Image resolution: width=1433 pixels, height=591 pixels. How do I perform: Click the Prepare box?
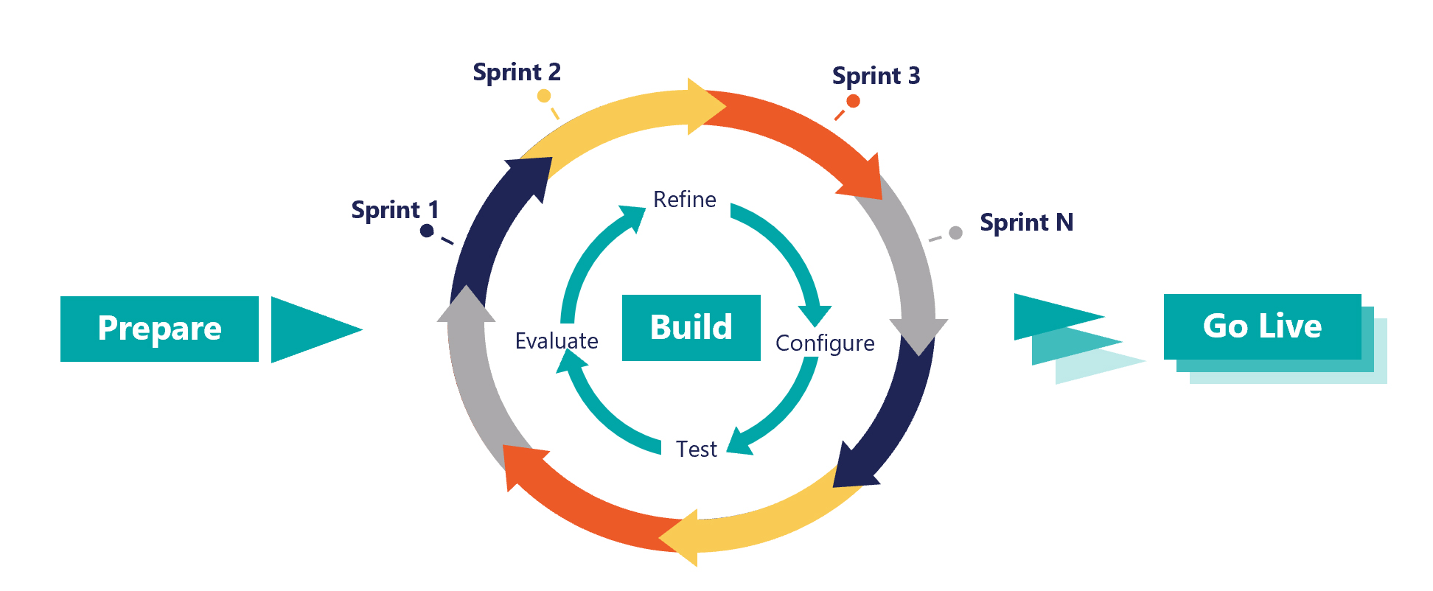pyautogui.click(x=159, y=329)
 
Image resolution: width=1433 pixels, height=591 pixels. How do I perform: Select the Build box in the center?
pyautogui.click(x=691, y=328)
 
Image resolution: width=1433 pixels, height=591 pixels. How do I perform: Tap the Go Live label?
pyautogui.click(x=1262, y=326)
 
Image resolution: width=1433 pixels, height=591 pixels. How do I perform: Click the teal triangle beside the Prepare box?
pyautogui.click(x=310, y=329)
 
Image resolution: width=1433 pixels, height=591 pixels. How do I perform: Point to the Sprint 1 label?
pyautogui.click(x=394, y=210)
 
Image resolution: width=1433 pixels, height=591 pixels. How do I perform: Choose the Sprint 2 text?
pyautogui.click(x=517, y=72)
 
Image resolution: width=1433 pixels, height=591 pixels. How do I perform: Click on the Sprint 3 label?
pyautogui.click(x=876, y=76)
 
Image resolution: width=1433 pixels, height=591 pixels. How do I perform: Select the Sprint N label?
pyautogui.click(x=1026, y=223)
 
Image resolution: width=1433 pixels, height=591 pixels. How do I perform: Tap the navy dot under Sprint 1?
pyautogui.click(x=427, y=231)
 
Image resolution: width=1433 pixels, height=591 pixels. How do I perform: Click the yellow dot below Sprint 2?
pyautogui.click(x=544, y=96)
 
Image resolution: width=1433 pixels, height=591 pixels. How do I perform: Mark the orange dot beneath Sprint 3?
pyautogui.click(x=853, y=102)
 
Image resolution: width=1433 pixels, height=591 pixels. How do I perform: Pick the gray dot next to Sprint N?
pyautogui.click(x=955, y=233)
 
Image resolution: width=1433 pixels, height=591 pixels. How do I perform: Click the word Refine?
pyautogui.click(x=684, y=200)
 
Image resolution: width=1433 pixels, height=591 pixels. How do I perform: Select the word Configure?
pyautogui.click(x=825, y=343)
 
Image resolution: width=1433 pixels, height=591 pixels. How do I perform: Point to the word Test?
pyautogui.click(x=697, y=450)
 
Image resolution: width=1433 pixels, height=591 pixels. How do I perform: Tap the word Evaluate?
pyautogui.click(x=557, y=341)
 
